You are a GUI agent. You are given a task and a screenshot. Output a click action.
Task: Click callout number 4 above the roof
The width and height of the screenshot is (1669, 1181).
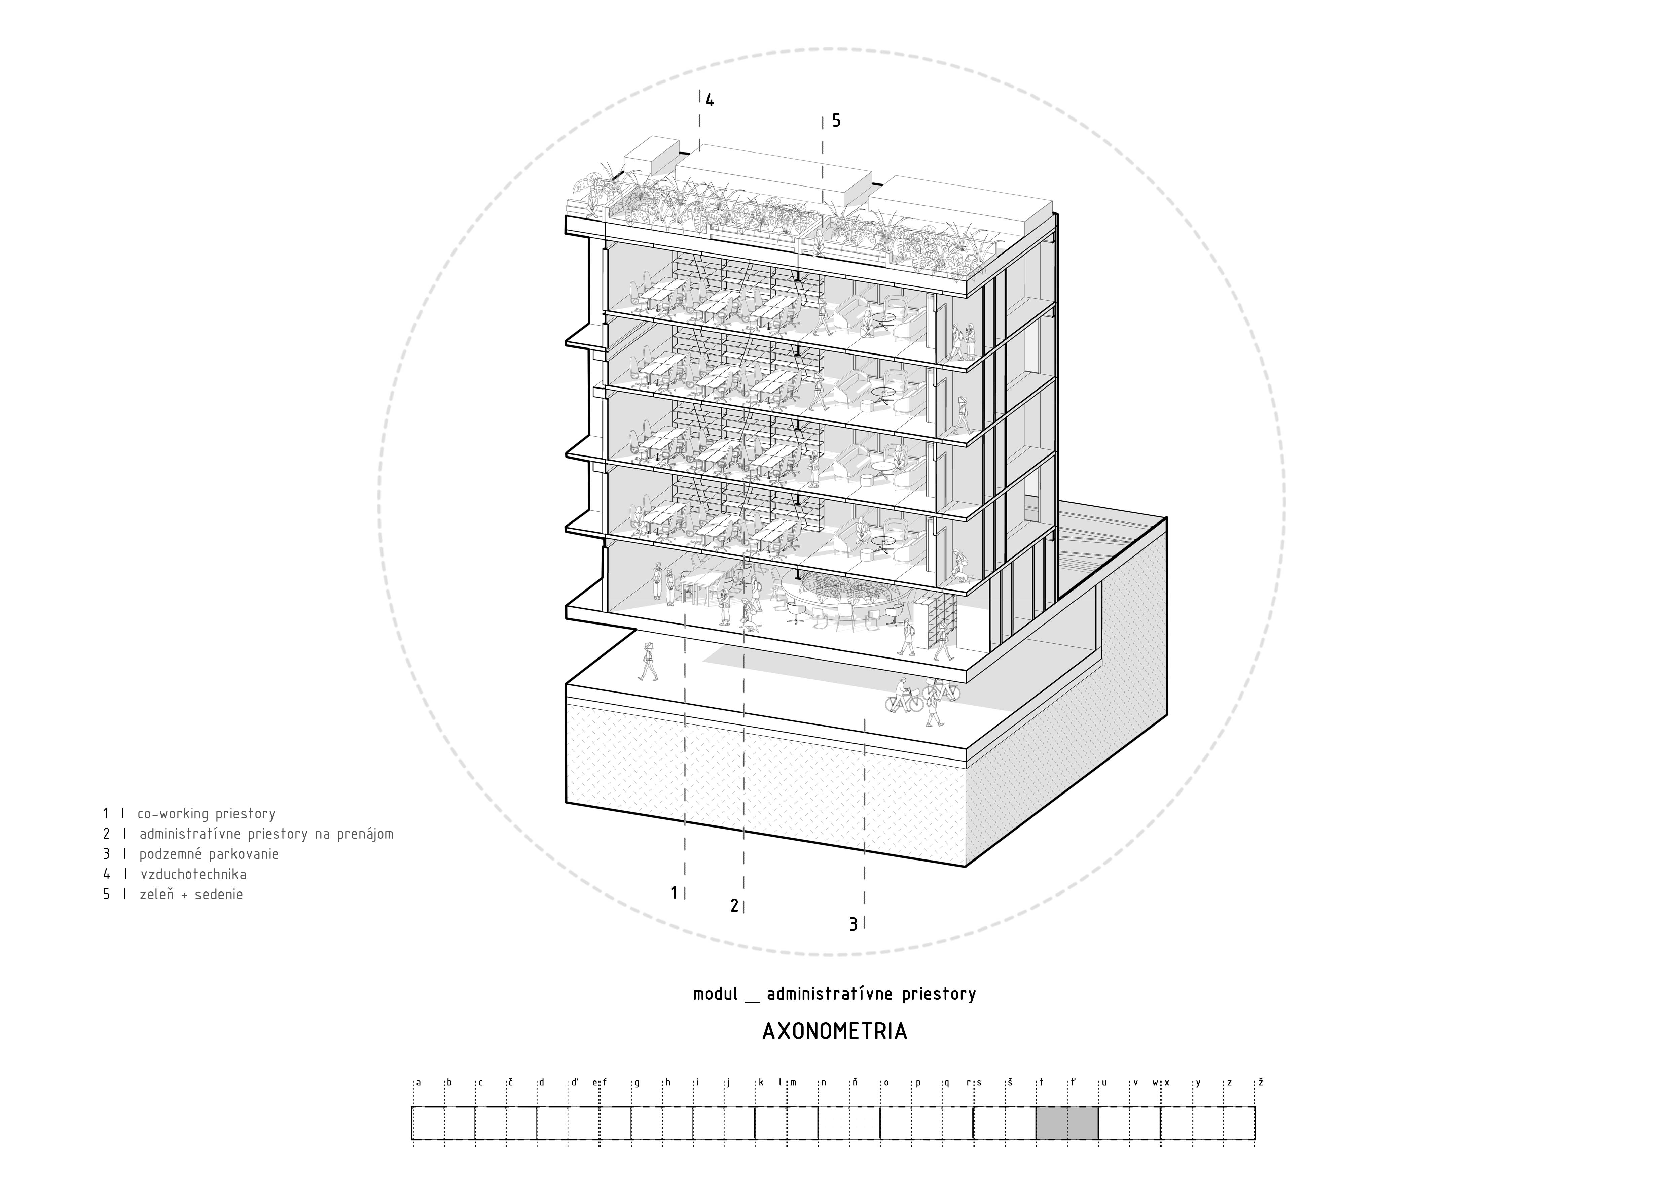pyautogui.click(x=710, y=100)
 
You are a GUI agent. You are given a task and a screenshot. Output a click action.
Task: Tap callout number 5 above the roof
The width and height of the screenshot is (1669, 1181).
pyautogui.click(x=836, y=121)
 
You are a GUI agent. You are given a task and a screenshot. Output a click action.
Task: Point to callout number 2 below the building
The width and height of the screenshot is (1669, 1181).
pyautogui.click(x=734, y=905)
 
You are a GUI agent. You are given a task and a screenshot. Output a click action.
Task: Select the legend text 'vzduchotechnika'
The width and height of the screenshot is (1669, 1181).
pyautogui.click(x=193, y=874)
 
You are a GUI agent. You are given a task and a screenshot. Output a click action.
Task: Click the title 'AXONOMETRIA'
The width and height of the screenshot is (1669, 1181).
pyautogui.click(x=834, y=1032)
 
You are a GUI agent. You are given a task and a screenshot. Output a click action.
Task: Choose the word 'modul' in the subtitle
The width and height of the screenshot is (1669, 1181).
pyautogui.click(x=715, y=993)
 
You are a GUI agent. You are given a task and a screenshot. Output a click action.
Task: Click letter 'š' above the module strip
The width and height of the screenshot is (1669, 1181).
pyautogui.click(x=1010, y=1082)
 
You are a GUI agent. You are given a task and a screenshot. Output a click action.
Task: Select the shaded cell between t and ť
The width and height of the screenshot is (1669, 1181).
pyautogui.click(x=1052, y=1123)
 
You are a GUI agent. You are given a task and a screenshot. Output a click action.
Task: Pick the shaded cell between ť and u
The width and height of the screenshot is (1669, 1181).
pyautogui.click(x=1083, y=1123)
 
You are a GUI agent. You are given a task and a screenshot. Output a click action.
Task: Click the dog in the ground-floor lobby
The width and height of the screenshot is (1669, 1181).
pyautogui.click(x=749, y=626)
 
